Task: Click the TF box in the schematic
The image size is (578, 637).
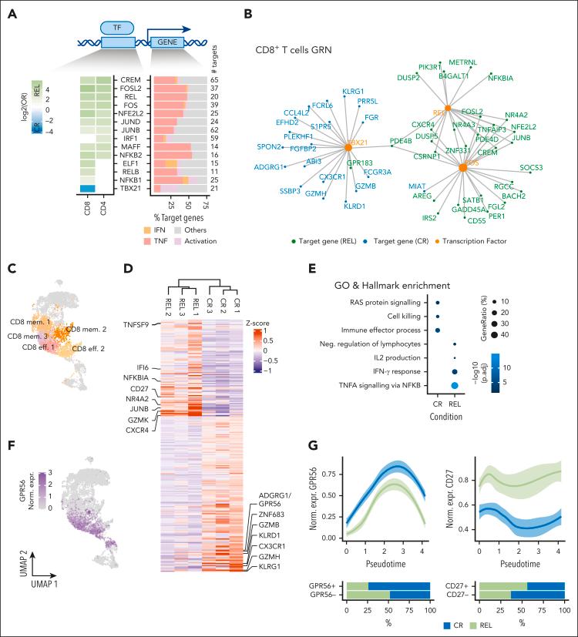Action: pyautogui.click(x=118, y=28)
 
